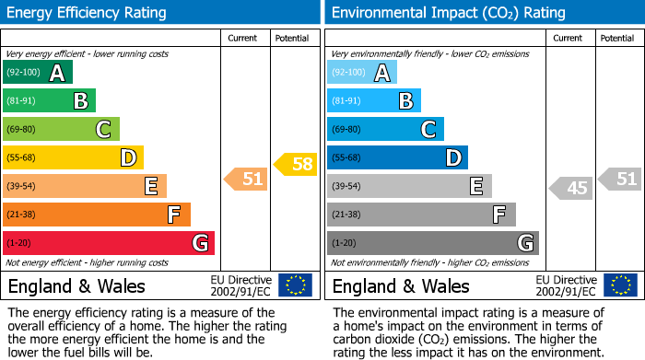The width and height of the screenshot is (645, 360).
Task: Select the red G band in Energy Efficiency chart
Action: point(108,243)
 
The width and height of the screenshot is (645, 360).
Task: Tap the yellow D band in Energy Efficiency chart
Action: point(73,158)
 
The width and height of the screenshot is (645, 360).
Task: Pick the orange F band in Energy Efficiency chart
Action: point(96,215)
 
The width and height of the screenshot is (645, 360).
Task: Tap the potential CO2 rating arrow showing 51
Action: point(621,179)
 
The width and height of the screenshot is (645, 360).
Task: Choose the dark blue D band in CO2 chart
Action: point(397,158)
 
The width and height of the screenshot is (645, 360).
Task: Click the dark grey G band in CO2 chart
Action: point(432,243)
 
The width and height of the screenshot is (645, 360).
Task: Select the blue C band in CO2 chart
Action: point(385,130)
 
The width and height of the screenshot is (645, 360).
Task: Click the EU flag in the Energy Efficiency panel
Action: point(295,285)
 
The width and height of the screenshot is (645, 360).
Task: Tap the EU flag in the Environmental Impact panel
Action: point(619,285)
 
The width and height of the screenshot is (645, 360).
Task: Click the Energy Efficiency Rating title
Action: point(88,13)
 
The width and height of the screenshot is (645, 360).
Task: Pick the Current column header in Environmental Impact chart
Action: point(569,38)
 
